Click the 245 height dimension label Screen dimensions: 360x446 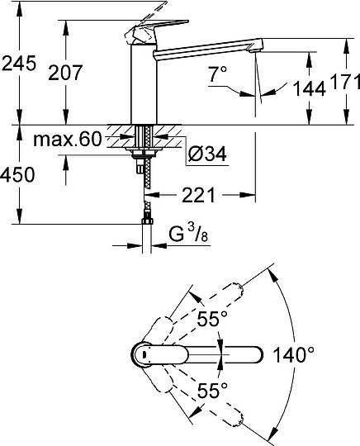coord(19,63)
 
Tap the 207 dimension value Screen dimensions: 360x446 coord(65,72)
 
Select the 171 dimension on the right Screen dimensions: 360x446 coord(345,83)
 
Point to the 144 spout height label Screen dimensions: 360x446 coord(309,88)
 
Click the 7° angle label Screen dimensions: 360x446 coord(218,74)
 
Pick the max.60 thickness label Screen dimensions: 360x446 coord(68,139)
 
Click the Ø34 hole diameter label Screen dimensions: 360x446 coord(207,154)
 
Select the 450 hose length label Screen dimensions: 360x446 coord(17,174)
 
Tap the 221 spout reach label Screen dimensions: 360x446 coord(198,195)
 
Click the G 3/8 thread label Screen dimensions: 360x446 coord(188,233)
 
